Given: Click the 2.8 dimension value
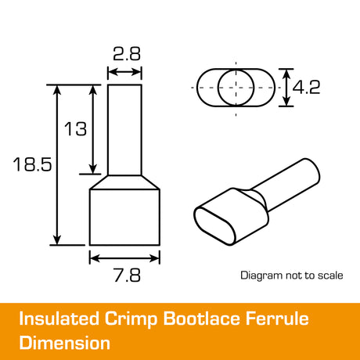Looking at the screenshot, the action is [127, 54].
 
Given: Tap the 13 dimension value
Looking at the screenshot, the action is [75, 129].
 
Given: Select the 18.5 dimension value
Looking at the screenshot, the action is [32, 164].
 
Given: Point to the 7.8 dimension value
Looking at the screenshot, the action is [128, 275].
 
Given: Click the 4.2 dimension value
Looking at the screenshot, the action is [306, 87].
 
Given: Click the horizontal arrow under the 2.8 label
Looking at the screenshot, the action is [124, 72].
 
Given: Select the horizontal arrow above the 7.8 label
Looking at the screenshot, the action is [124, 258].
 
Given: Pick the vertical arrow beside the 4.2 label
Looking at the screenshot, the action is [286, 88].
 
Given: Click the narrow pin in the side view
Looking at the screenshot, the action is [124, 130].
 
